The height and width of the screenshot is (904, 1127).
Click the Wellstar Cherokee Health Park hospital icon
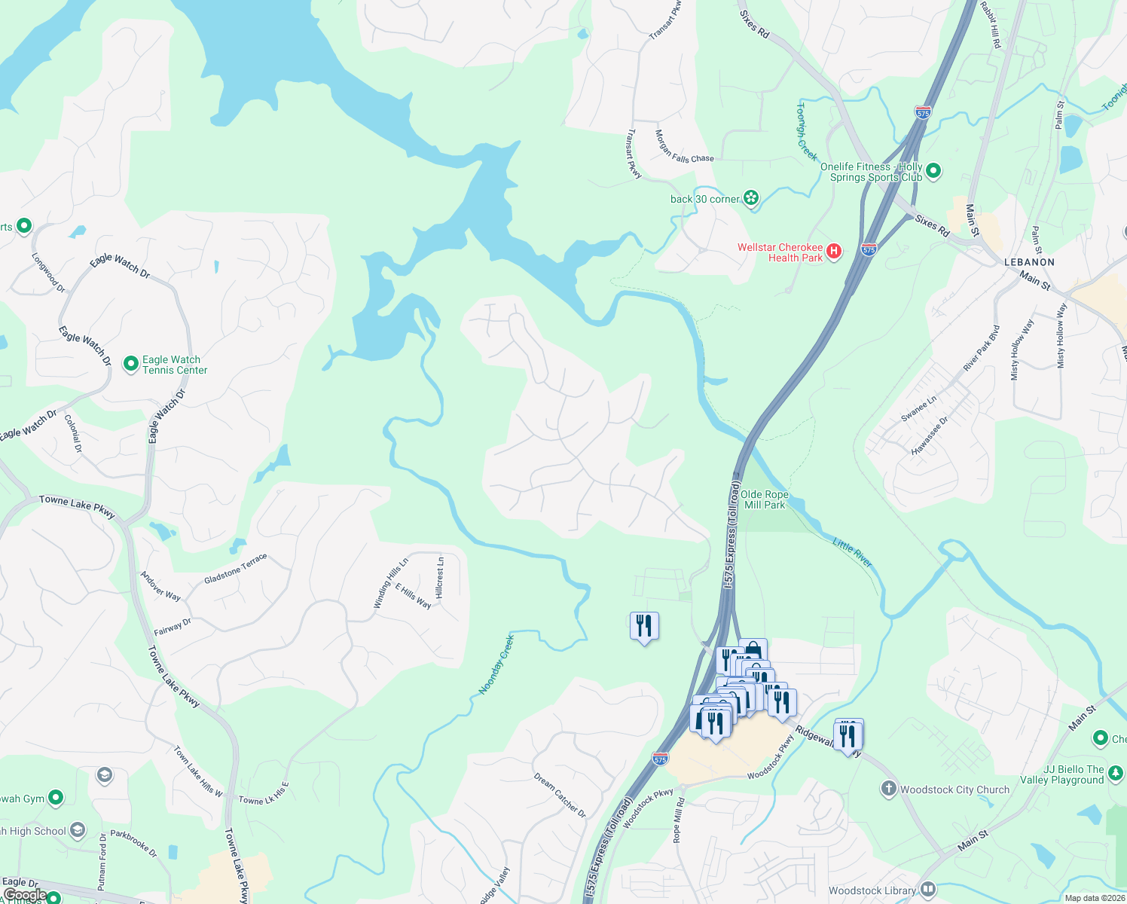tap(833, 252)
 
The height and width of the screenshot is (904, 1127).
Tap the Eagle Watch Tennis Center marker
tap(130, 365)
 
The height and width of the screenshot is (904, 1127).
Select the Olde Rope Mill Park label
tap(764, 499)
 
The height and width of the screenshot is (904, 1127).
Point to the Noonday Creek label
tap(496, 664)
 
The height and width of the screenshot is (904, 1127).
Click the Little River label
tap(853, 552)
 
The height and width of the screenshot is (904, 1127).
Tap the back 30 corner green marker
tap(750, 198)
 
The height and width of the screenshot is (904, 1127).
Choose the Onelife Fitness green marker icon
tap(933, 171)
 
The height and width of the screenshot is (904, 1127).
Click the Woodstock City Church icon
tap(889, 789)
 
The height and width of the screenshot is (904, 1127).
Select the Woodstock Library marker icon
tap(927, 890)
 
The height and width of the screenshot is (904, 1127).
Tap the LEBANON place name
tap(1029, 262)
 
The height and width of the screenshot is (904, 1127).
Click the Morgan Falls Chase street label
tap(683, 147)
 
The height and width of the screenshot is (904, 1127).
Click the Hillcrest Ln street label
tap(441, 577)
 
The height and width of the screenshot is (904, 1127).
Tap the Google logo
tap(25, 895)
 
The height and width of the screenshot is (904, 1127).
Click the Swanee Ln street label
tap(918, 408)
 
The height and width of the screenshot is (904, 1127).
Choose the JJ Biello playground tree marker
tap(1116, 773)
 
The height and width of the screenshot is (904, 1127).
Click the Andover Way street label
tap(160, 586)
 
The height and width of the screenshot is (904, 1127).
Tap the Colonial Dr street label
tap(74, 433)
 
